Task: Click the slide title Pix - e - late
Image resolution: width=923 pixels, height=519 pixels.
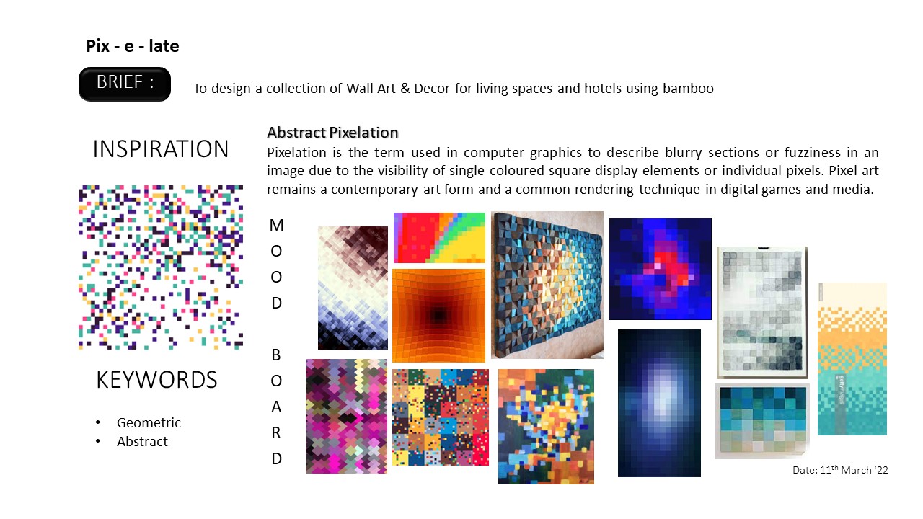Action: pyautogui.click(x=133, y=47)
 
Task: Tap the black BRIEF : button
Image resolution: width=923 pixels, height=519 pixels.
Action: pyautogui.click(x=125, y=84)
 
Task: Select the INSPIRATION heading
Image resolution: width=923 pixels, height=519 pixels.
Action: pyautogui.click(x=161, y=149)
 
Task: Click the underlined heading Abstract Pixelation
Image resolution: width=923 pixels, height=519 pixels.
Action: pyautogui.click(x=332, y=133)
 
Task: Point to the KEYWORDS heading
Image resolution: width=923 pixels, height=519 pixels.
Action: pyautogui.click(x=156, y=380)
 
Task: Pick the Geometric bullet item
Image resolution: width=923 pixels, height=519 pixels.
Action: pyautogui.click(x=149, y=423)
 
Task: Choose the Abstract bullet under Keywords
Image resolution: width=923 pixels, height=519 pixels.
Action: pyautogui.click(x=142, y=442)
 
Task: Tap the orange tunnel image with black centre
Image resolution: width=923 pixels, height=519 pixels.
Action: pyautogui.click(x=438, y=315)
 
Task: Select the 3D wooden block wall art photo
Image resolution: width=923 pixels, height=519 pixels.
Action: pyautogui.click(x=547, y=285)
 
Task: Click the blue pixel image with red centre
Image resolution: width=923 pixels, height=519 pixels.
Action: pyautogui.click(x=660, y=269)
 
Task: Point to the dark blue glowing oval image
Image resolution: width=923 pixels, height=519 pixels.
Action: pyautogui.click(x=659, y=403)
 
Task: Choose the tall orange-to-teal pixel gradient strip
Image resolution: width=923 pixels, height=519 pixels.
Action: pyautogui.click(x=852, y=359)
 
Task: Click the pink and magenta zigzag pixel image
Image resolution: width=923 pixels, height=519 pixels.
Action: pyautogui.click(x=346, y=416)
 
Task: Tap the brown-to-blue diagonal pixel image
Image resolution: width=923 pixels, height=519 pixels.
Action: pyautogui.click(x=353, y=288)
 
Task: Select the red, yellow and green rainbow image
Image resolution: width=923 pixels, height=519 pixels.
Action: pyautogui.click(x=439, y=237)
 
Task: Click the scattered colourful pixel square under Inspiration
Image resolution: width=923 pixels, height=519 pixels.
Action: pyautogui.click(x=160, y=267)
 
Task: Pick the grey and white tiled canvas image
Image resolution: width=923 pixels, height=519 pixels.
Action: pyautogui.click(x=761, y=311)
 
